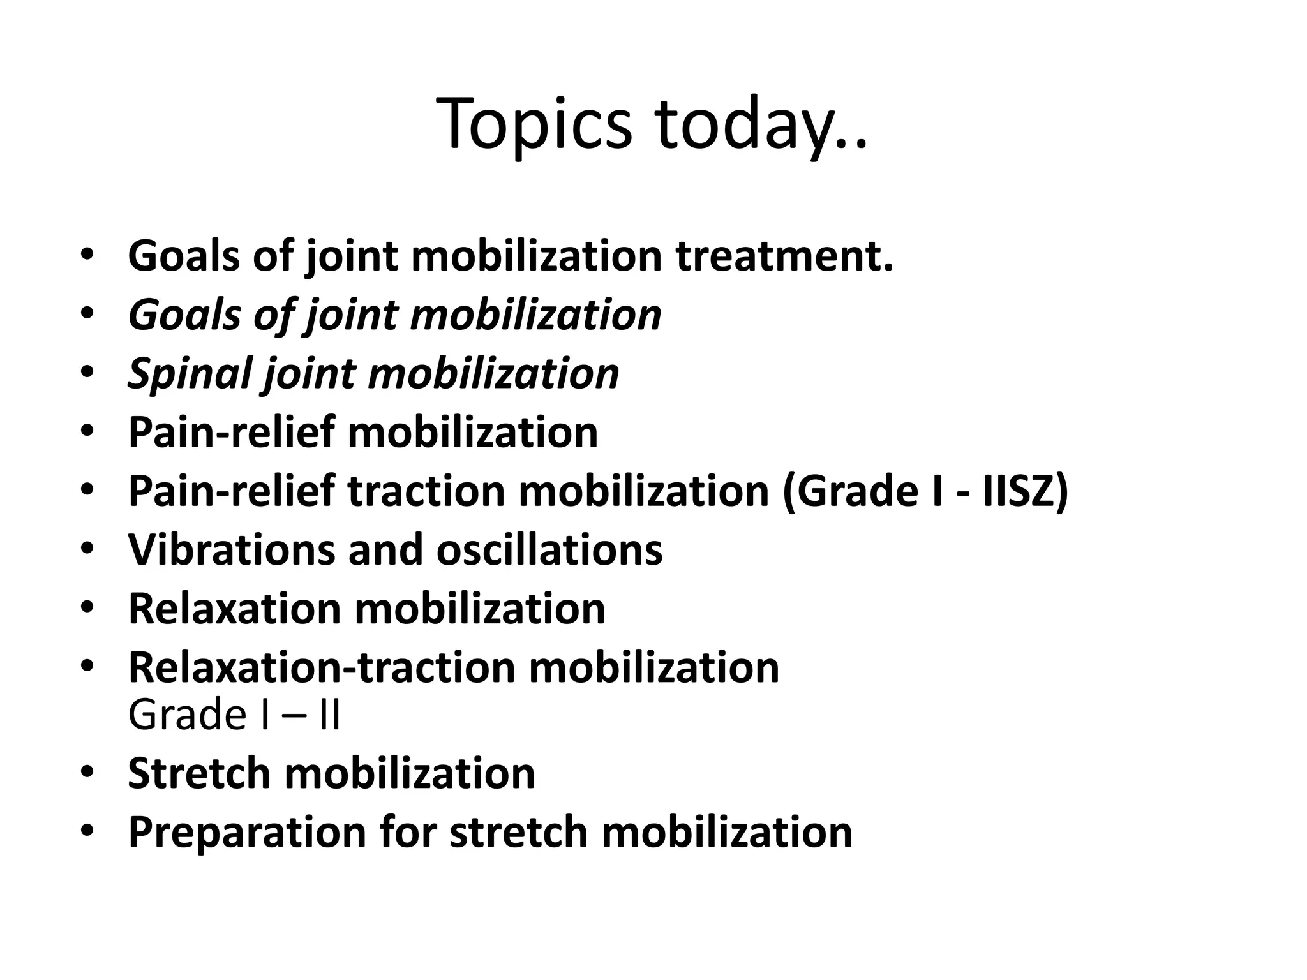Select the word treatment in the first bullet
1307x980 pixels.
pos(784,256)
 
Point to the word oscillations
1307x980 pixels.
pos(549,549)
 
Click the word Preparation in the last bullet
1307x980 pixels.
pos(246,833)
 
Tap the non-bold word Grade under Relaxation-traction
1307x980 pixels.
pos(187,715)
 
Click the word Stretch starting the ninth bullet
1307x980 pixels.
pos(198,773)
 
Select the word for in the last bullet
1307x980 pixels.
pos(408,833)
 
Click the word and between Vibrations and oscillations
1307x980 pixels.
pos(385,549)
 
